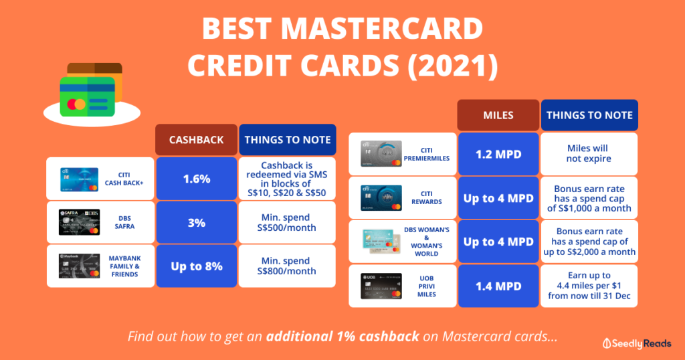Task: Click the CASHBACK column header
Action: [x=196, y=140]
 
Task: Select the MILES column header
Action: [x=498, y=115]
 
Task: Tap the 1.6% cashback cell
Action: [x=196, y=179]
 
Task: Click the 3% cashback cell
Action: [x=196, y=222]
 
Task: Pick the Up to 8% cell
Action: [x=196, y=266]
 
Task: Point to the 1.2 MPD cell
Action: [x=498, y=154]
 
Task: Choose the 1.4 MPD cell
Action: [x=498, y=286]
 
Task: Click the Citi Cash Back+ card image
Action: [x=78, y=179]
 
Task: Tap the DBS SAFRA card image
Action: [x=78, y=222]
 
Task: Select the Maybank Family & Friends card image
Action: [x=78, y=266]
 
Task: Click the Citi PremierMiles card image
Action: [x=381, y=154]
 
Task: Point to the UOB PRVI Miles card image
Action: [x=381, y=286]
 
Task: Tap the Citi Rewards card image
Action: [x=381, y=198]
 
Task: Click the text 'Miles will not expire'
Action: [x=588, y=154]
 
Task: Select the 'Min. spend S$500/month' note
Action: [x=286, y=222]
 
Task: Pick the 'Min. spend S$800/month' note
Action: [x=286, y=266]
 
